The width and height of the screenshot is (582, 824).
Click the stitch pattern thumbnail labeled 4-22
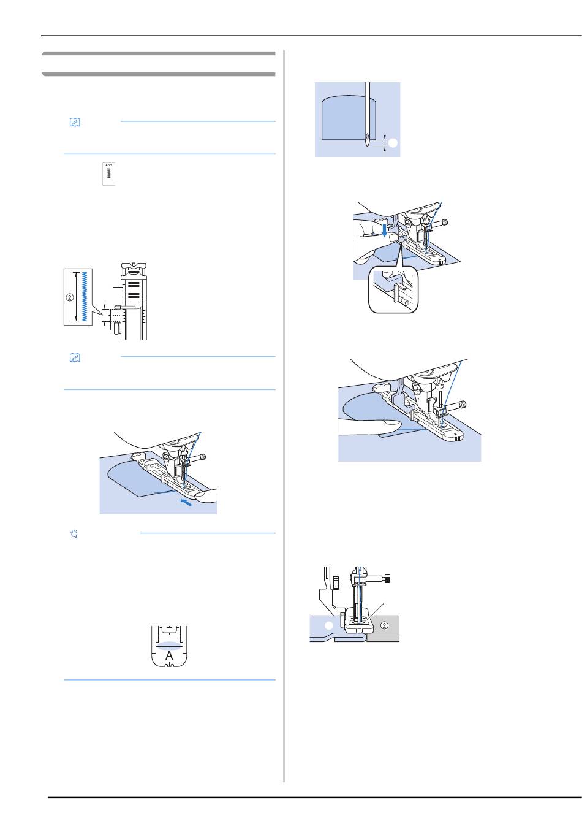point(108,174)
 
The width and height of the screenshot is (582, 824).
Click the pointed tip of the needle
point(367,148)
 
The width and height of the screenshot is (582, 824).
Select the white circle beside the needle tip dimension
point(393,142)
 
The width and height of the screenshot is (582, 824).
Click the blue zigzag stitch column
point(84,296)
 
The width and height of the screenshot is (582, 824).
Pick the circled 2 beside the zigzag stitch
point(69,297)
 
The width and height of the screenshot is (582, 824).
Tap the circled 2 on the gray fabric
point(384,625)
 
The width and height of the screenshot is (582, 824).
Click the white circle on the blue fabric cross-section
point(328,625)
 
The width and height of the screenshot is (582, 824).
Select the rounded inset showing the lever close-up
point(392,290)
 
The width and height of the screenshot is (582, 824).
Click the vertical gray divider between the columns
point(284,417)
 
